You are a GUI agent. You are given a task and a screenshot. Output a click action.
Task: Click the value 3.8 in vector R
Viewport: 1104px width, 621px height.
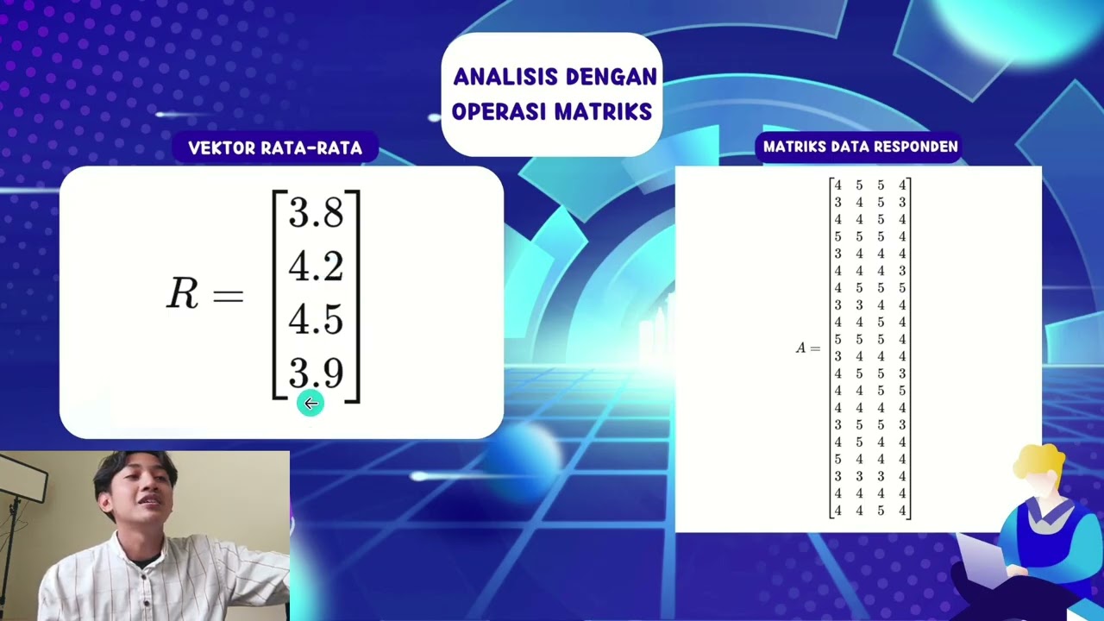tap(316, 213)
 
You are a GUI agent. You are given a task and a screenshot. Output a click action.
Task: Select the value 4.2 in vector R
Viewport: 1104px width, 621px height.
tap(316, 267)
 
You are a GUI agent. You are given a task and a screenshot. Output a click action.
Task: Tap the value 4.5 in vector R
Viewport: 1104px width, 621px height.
tap(316, 320)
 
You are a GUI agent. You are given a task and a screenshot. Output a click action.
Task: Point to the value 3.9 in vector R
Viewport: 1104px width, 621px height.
tap(316, 373)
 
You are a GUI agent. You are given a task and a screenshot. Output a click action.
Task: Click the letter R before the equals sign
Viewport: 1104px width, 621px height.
tap(182, 294)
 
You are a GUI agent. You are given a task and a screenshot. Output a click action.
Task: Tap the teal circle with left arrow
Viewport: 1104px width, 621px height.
tap(310, 403)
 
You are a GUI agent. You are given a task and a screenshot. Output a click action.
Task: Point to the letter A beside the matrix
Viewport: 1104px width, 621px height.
tap(800, 348)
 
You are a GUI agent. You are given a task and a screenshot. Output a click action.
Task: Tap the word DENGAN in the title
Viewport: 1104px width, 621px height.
tap(611, 78)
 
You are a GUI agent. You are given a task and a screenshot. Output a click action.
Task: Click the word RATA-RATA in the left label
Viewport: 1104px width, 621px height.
tap(318, 148)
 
